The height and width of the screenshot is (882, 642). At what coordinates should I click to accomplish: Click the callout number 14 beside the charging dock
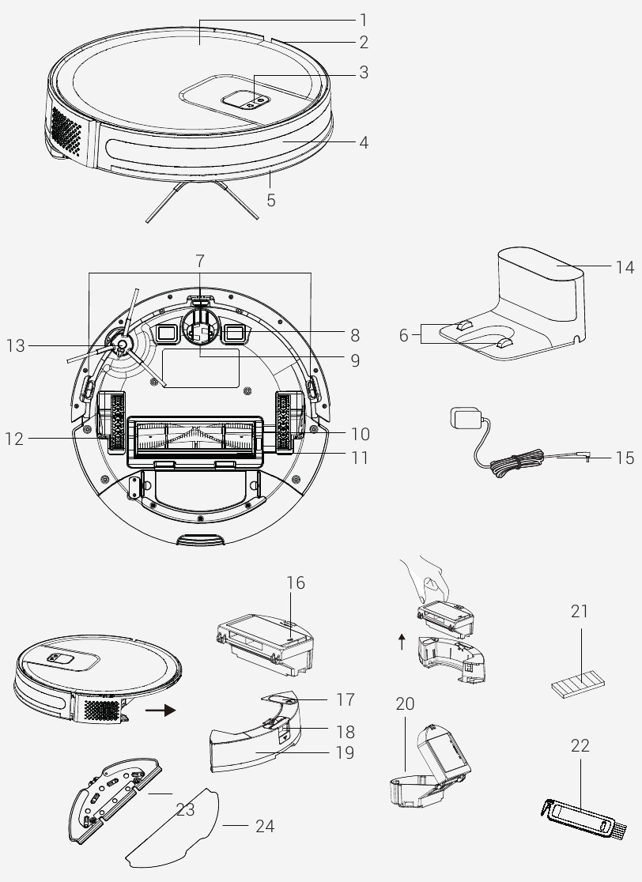[625, 268]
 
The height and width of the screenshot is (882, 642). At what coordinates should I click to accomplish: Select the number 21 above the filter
[580, 611]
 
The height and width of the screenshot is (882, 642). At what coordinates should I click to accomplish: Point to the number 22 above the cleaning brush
[580, 746]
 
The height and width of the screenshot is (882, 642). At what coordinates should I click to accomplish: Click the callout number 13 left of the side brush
[16, 345]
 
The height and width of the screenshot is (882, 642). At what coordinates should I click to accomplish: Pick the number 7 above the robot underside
[199, 260]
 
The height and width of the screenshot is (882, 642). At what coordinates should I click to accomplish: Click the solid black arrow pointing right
[160, 710]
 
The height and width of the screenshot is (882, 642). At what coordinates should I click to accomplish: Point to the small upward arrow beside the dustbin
[402, 642]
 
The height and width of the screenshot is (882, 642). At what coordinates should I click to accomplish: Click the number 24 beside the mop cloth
[265, 826]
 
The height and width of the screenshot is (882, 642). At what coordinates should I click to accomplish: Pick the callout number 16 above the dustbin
[296, 583]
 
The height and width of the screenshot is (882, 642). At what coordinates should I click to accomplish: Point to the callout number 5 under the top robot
[271, 201]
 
